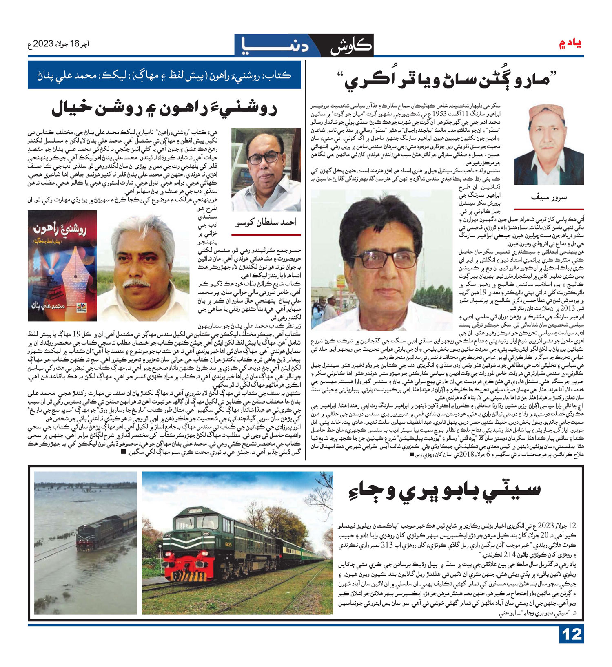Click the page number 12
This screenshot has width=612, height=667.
click(571, 634)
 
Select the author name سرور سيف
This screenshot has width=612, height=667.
click(549, 197)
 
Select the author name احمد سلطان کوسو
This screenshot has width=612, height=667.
click(266, 222)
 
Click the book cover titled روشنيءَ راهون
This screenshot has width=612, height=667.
click(62, 265)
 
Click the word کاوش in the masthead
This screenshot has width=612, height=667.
click(352, 46)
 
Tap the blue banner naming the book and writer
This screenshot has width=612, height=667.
click(164, 75)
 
